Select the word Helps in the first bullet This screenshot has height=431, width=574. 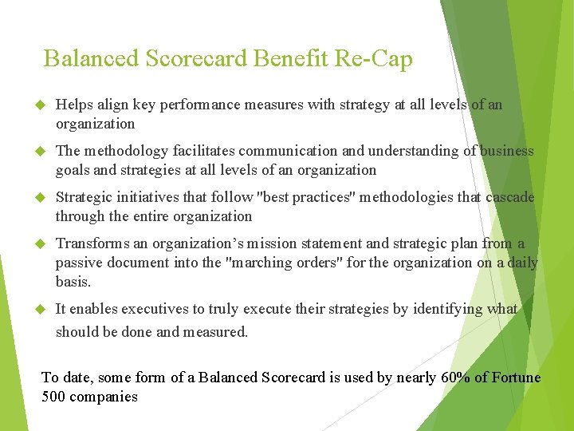(x=73, y=105)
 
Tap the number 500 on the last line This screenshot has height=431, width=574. (x=53, y=397)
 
